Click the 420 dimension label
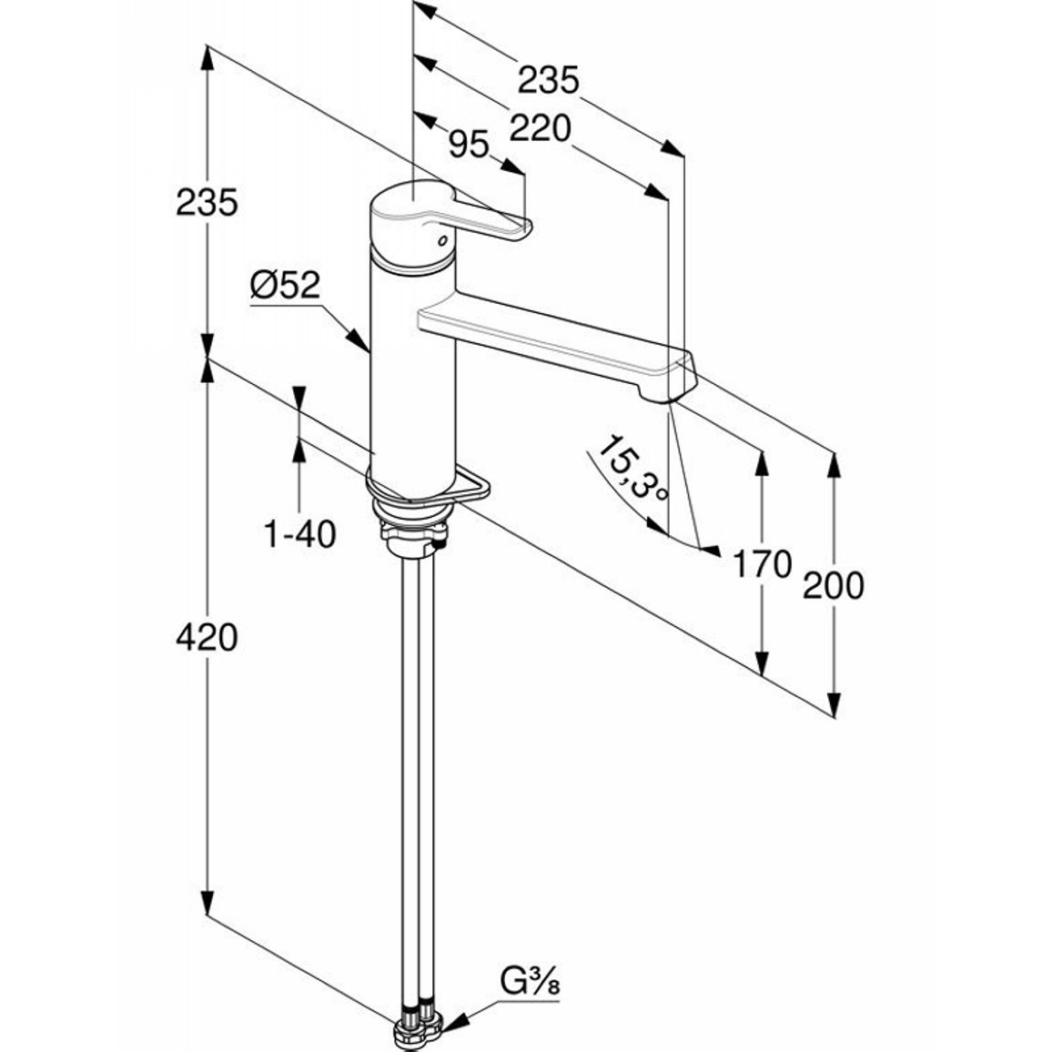pos(207,637)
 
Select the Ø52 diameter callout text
pos(285,285)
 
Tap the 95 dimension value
pos(469,144)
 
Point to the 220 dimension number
pos(540,127)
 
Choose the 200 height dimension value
pos(834,585)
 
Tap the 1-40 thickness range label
pos(299,534)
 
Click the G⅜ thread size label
pos(530,982)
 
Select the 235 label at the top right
pos(548,80)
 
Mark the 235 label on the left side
pos(207,202)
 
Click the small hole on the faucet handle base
pos(441,240)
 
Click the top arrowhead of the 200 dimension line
pos(834,465)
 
